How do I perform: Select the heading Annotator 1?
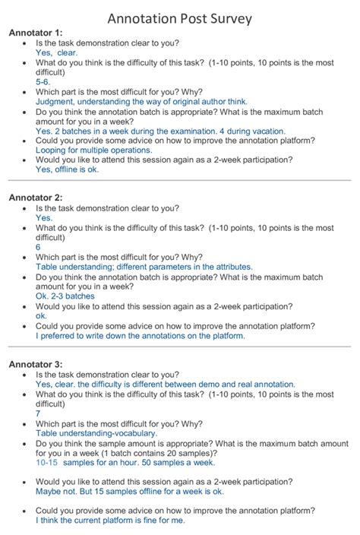coord(36,33)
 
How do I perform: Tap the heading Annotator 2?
coord(36,198)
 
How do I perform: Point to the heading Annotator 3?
coord(36,363)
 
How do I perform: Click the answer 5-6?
coord(43,81)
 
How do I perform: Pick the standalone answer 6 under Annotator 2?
coord(38,247)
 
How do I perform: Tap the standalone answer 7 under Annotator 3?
coord(38,413)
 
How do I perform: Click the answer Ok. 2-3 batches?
coord(65,296)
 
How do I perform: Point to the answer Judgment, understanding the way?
coord(141,101)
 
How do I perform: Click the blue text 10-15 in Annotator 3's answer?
coord(47,462)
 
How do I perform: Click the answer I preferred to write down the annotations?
coord(141,335)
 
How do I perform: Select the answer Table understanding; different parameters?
coord(144,267)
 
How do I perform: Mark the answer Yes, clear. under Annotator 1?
coord(56,53)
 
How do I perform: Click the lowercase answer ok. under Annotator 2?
coord(41,315)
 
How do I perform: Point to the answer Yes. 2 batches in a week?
coord(160,131)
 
